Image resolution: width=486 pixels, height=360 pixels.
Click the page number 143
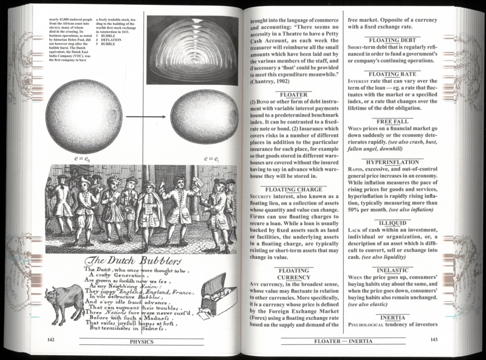click(433, 341)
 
